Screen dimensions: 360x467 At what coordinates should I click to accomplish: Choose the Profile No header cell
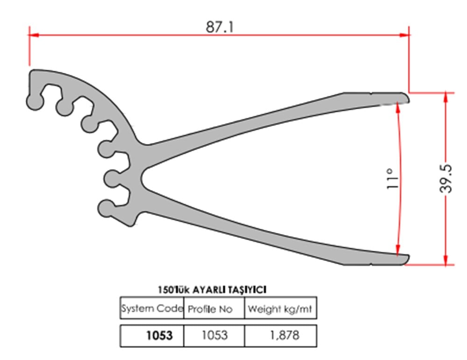(x=214, y=309)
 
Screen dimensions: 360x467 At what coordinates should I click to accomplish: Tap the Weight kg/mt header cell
(x=280, y=309)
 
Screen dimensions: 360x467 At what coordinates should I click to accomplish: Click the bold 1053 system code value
(x=159, y=335)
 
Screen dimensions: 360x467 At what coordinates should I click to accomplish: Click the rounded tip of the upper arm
(x=406, y=98)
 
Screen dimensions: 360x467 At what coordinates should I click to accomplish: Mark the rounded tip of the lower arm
(x=406, y=259)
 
